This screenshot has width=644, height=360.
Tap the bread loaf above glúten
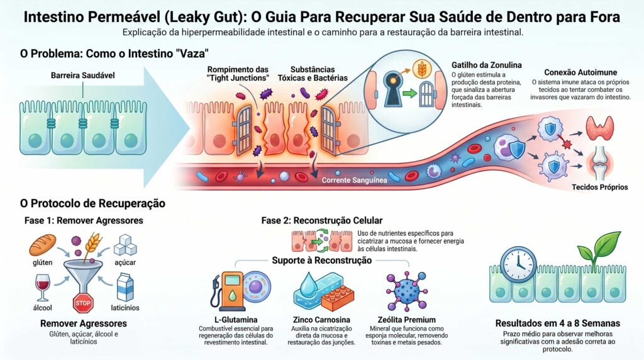[43, 244]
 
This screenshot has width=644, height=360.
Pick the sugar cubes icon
[126, 245]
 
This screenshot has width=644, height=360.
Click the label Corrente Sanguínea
[355, 180]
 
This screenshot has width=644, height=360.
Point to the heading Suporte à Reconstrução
[321, 261]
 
